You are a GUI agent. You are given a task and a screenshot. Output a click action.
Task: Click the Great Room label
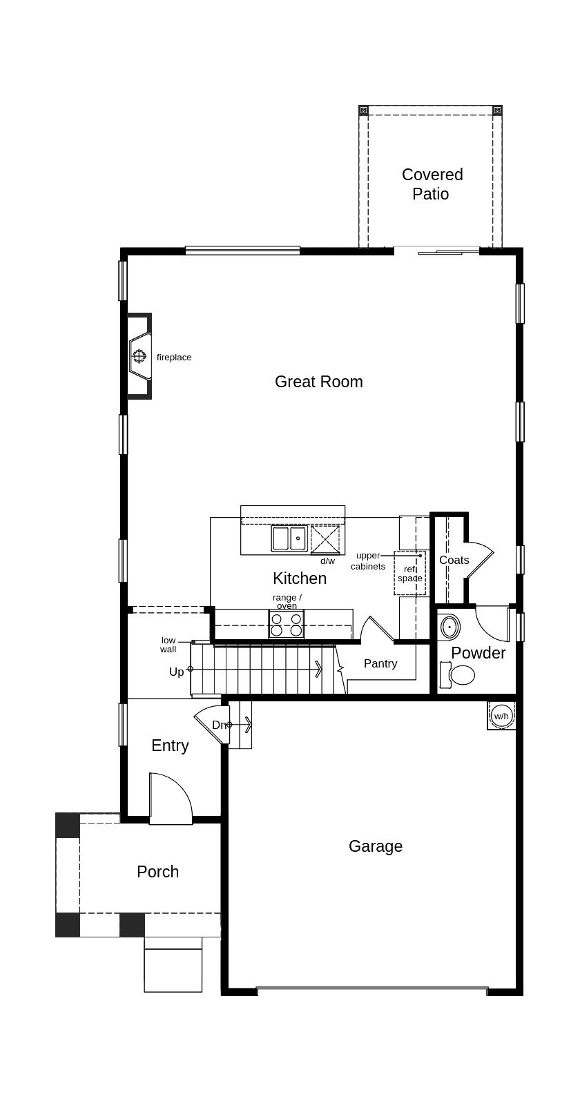pyautogui.click(x=318, y=382)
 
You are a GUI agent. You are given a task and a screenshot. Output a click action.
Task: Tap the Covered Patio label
pyautogui.click(x=432, y=184)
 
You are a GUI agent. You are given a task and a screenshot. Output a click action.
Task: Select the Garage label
pyautogui.click(x=376, y=846)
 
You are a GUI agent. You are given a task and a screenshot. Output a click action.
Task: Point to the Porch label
pyautogui.click(x=158, y=871)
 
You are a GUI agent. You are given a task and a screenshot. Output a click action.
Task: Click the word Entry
pyautogui.click(x=170, y=746)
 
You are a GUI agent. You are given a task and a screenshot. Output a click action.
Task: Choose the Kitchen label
pyautogui.click(x=300, y=578)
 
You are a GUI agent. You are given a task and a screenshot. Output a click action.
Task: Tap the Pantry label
pyautogui.click(x=380, y=663)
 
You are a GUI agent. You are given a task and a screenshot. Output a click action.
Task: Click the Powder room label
pyautogui.click(x=478, y=653)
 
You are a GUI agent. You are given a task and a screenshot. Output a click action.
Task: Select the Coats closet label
pyautogui.click(x=454, y=560)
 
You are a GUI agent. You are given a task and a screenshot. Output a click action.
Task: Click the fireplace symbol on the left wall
pyautogui.click(x=139, y=355)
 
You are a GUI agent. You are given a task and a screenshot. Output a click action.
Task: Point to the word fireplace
pyautogui.click(x=174, y=358)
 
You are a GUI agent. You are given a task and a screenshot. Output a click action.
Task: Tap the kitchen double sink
pyautogui.click(x=289, y=538)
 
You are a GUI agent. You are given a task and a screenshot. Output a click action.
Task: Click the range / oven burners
pyautogui.click(x=286, y=624)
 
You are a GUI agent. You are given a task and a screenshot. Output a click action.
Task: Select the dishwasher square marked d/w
pyautogui.click(x=325, y=540)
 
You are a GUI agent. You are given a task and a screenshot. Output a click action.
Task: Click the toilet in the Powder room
pyautogui.click(x=457, y=674)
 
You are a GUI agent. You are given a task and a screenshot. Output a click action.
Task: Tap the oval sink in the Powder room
pyautogui.click(x=449, y=627)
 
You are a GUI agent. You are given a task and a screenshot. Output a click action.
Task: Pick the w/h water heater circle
pyautogui.click(x=501, y=716)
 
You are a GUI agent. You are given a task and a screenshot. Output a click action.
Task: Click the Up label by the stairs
pyautogui.click(x=177, y=672)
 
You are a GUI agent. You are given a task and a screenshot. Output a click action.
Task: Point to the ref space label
pyautogui.click(x=410, y=574)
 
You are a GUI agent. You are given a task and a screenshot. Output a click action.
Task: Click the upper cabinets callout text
pyautogui.click(x=368, y=561)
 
